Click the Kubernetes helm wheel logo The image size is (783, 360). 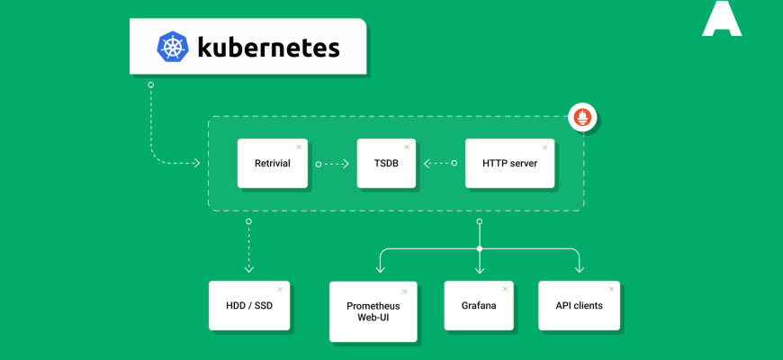click(x=172, y=46)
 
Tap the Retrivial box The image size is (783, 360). click(x=272, y=163)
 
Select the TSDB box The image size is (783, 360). click(x=386, y=163)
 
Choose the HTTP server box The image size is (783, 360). click(x=508, y=163)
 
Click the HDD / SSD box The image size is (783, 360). click(x=249, y=305)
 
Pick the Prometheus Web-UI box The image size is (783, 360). click(x=373, y=311)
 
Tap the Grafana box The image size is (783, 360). click(x=480, y=305)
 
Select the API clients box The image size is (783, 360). click(x=578, y=305)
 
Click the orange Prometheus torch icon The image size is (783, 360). click(x=582, y=116)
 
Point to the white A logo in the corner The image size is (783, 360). click(x=722, y=19)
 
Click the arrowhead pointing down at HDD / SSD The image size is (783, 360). click(x=249, y=268)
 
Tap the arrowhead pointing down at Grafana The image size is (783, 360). click(x=480, y=268)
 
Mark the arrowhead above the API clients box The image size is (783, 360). click(x=578, y=268)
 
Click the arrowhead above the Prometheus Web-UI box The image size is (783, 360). click(x=382, y=268)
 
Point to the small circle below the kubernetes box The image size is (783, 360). click(x=150, y=85)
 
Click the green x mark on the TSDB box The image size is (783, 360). click(x=407, y=146)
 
